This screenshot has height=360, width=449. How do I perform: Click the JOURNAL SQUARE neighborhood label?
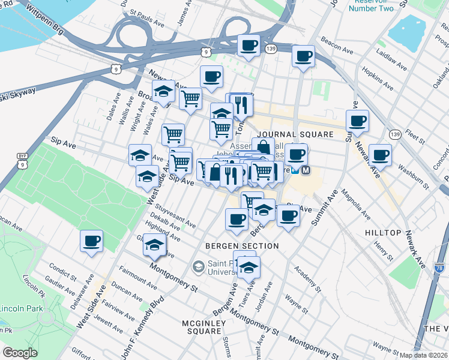click(294, 134)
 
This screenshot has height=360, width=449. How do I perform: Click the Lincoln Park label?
click(21, 308)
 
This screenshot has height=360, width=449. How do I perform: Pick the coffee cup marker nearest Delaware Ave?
click(92, 241)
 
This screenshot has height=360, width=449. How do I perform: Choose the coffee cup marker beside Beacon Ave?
click(303, 56)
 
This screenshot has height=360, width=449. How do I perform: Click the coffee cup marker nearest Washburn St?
click(379, 155)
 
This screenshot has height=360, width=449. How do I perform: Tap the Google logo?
click(20, 352)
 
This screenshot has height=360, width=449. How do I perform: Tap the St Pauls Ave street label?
click(147, 16)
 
